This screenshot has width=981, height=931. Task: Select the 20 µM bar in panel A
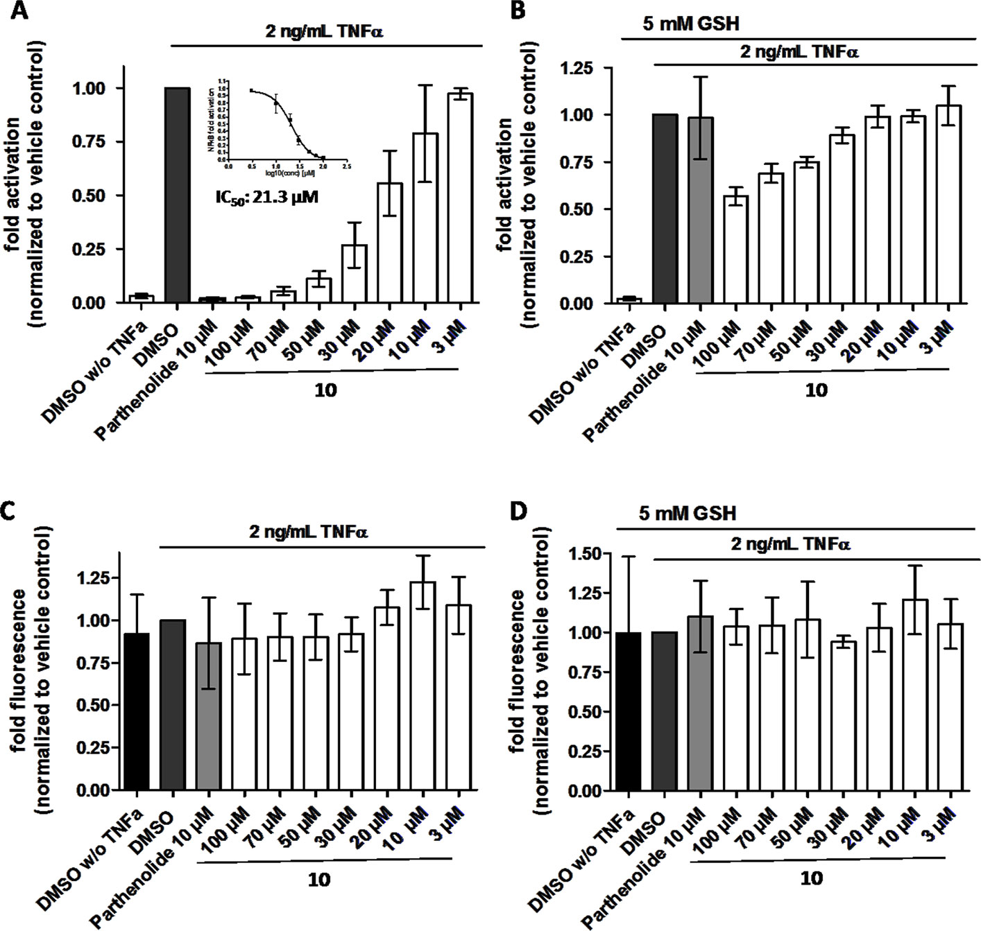[x=389, y=243]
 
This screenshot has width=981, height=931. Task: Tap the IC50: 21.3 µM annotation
[x=265, y=197]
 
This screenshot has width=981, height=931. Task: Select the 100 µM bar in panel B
[x=736, y=250]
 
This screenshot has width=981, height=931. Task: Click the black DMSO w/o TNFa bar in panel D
[x=629, y=712]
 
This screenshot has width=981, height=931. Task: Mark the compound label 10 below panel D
[x=811, y=879]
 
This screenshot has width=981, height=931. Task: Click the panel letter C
[x=10, y=514]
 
